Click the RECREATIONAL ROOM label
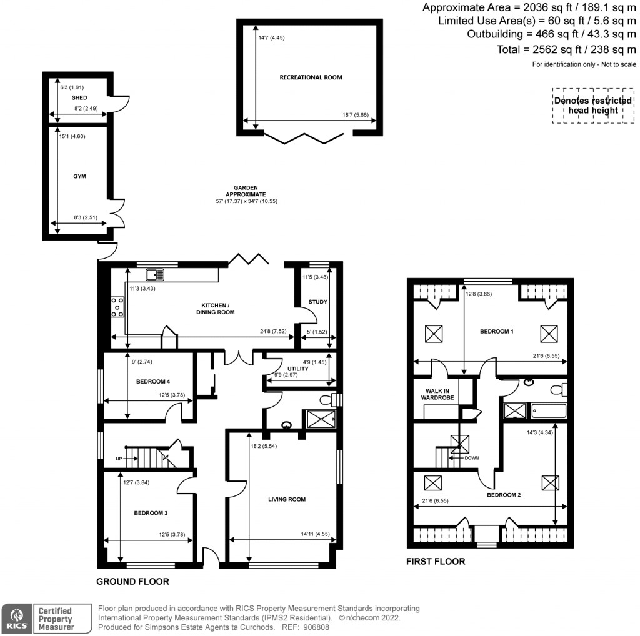point(311,77)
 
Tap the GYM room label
point(79,177)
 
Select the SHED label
point(79,98)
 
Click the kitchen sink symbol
point(155,274)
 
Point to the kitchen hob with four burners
point(117,307)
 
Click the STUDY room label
point(318,302)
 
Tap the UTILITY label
point(297,369)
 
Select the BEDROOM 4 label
point(152,382)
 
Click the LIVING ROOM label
point(287,499)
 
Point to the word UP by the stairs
point(119,459)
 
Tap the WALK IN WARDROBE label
point(437,395)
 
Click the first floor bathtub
point(547,411)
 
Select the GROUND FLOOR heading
point(132,582)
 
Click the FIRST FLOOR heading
point(436,562)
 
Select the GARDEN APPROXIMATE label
point(246,191)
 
